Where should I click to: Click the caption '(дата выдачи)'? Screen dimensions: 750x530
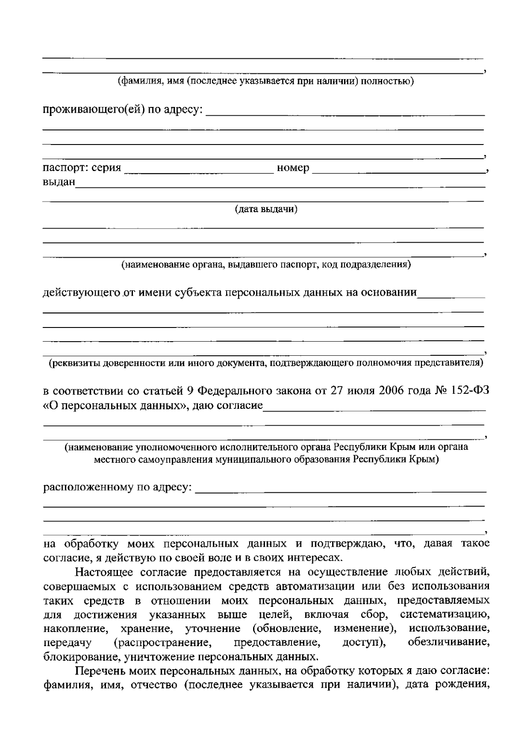click(x=266, y=209)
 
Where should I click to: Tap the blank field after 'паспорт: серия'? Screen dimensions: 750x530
click(x=199, y=170)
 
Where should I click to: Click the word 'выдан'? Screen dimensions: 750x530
click(x=59, y=182)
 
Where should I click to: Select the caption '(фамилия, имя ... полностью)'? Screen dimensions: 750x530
click(x=265, y=81)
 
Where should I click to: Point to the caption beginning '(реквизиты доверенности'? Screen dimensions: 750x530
click(x=265, y=363)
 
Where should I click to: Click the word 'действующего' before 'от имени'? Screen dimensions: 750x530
click(x=82, y=293)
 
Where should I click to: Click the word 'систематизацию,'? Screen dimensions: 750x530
click(x=445, y=615)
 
